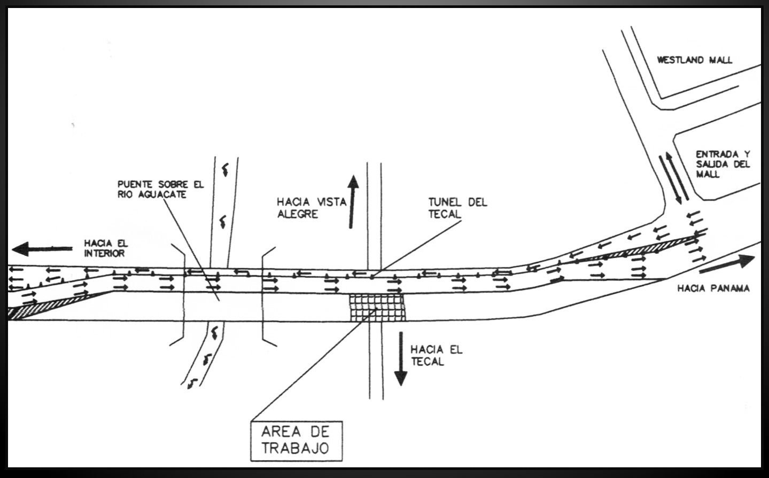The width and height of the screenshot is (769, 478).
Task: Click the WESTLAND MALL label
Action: coord(694,60)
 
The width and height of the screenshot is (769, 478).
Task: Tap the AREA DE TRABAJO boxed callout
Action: coord(297,441)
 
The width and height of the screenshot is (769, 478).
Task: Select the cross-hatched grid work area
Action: coord(377,308)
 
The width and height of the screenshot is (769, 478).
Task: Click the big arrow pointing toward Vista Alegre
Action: coord(352,202)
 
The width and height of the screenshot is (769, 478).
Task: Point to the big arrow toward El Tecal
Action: coord(400,358)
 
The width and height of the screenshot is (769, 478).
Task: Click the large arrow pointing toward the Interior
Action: coord(42,248)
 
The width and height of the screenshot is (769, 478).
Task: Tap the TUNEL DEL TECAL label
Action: coord(457,208)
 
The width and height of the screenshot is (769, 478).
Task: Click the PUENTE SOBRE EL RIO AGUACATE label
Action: coord(161,190)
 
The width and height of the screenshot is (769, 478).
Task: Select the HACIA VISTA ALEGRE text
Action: coord(312,208)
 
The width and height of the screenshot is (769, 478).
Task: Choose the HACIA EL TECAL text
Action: coord(437,356)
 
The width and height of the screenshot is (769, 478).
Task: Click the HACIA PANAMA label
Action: coord(713,288)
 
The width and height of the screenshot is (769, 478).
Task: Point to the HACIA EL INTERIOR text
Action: coord(106,248)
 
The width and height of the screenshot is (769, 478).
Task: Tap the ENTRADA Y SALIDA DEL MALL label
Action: coord(723,164)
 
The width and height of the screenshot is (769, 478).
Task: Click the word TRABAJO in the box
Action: coord(295,448)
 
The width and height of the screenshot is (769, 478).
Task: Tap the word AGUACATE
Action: coord(162,194)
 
